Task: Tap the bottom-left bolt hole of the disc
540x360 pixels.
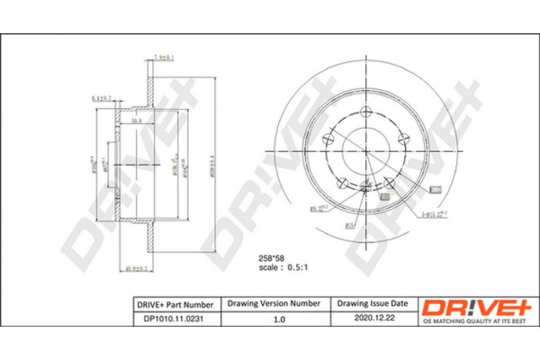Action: click(342, 183)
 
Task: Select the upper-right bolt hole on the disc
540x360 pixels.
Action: click(400, 139)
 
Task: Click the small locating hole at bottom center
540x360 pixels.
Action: click(365, 186)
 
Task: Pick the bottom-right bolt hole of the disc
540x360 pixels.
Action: click(388, 183)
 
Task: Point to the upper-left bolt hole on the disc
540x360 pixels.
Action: click(328, 139)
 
